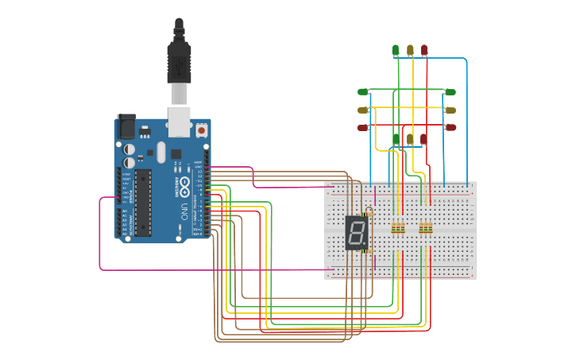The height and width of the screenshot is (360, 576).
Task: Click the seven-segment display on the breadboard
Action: pyautogui.click(x=357, y=232)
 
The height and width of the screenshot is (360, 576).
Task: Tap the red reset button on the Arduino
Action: pyautogui.click(x=201, y=129)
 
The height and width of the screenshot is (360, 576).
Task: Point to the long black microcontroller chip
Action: pyautogui.click(x=143, y=203)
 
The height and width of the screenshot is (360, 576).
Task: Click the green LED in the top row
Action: pyautogui.click(x=396, y=50)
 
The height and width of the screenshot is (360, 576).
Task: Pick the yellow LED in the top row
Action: pyautogui.click(x=410, y=50)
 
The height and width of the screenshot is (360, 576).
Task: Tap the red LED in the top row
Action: pyautogui.click(x=424, y=50)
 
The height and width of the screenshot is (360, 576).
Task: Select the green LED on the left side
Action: pyautogui.click(x=363, y=92)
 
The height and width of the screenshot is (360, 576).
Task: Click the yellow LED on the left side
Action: pyautogui.click(x=363, y=110)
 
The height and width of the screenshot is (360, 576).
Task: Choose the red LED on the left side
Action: pyautogui.click(x=363, y=127)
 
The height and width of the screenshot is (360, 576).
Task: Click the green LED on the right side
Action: pyautogui.click(x=450, y=92)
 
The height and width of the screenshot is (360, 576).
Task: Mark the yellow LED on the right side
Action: pyautogui.click(x=450, y=110)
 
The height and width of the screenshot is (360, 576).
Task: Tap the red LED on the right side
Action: pyautogui.click(x=450, y=127)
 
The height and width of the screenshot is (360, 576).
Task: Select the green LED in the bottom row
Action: pyautogui.click(x=396, y=139)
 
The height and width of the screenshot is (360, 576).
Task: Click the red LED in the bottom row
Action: pyautogui.click(x=424, y=139)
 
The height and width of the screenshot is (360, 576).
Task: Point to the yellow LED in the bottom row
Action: pyautogui.click(x=410, y=139)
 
